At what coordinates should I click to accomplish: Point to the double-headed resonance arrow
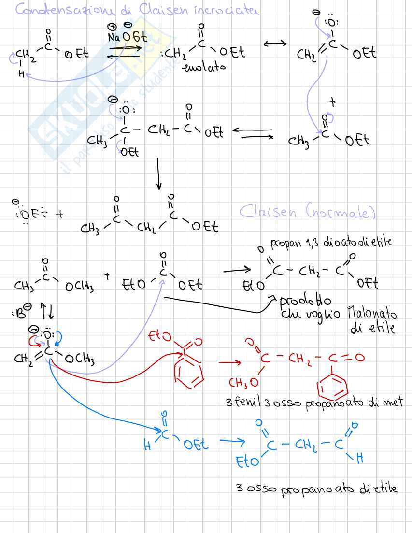tap(275, 43)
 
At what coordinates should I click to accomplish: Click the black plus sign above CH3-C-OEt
tap(331, 102)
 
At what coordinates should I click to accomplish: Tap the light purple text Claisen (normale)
tap(307, 212)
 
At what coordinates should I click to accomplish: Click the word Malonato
tap(371, 315)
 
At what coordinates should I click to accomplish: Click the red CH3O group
tap(243, 383)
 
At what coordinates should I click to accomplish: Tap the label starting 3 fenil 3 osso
tap(313, 402)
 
